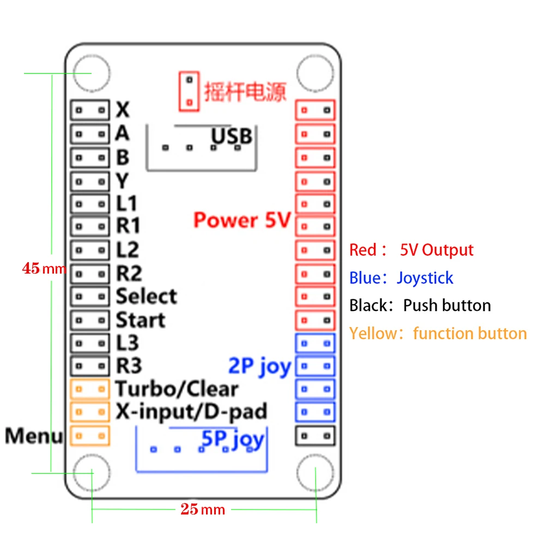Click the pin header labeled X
tap(89, 110)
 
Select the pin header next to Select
tap(89, 296)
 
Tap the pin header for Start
tap(89, 320)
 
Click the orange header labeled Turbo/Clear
tap(90, 389)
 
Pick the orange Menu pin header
tap(90, 435)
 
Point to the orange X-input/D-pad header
tap(90, 412)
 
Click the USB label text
tap(232, 136)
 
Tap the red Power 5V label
tap(242, 221)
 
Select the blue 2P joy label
tap(259, 366)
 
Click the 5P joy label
tap(233, 439)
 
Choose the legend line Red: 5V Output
tap(411, 250)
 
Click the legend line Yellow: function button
tap(438, 334)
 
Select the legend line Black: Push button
tap(420, 305)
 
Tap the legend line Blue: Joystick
tap(401, 278)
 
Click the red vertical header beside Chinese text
tap(189, 91)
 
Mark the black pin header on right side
tap(314, 435)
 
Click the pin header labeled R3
tap(89, 366)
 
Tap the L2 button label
tap(128, 250)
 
